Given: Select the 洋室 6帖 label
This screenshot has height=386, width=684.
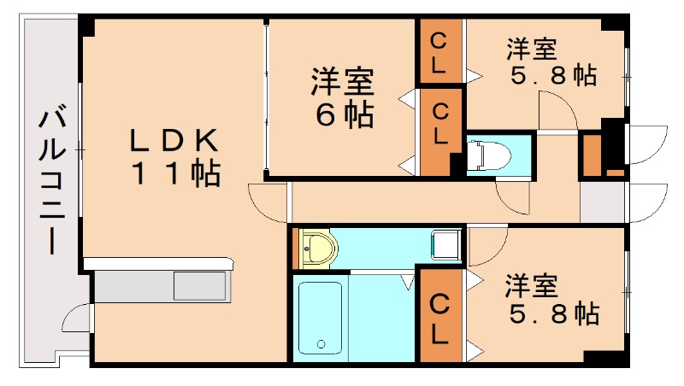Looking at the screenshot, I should click(342, 97).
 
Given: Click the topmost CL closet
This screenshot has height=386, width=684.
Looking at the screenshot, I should click(439, 52).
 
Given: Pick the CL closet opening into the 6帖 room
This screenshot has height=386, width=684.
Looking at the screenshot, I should click(439, 123).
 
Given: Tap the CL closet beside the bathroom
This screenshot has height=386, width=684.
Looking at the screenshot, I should click(439, 317).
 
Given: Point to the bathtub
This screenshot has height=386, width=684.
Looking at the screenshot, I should click(321, 315).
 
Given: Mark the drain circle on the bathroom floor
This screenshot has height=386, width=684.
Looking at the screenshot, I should click(322, 346).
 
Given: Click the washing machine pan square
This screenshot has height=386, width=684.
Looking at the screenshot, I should click(445, 246).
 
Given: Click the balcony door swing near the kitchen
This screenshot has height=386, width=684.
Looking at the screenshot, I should click(75, 318).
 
